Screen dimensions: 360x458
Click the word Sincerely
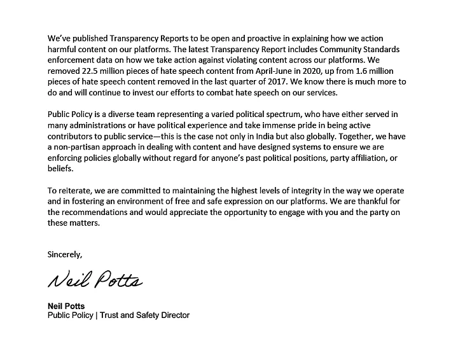point(65,254)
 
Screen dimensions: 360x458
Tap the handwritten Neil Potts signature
point(95,280)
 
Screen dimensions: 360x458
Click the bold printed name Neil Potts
point(67,306)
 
